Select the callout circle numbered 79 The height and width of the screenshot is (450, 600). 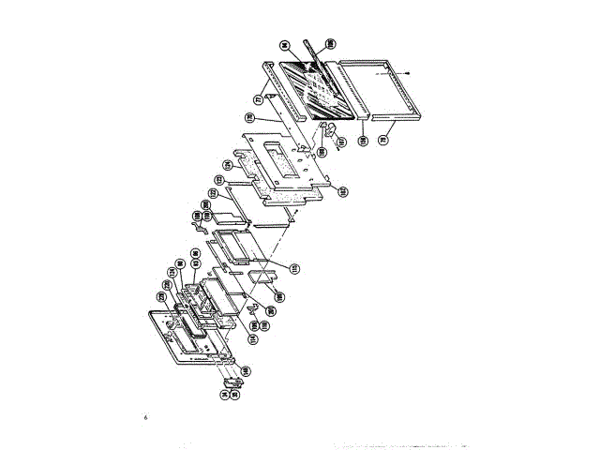382,137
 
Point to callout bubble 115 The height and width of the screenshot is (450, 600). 292,269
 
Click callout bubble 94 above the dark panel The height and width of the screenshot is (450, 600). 282,44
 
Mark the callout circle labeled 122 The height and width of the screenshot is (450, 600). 214,194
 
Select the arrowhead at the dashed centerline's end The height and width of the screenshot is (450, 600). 413,73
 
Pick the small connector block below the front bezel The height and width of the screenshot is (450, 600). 231,383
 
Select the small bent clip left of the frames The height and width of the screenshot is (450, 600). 199,223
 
